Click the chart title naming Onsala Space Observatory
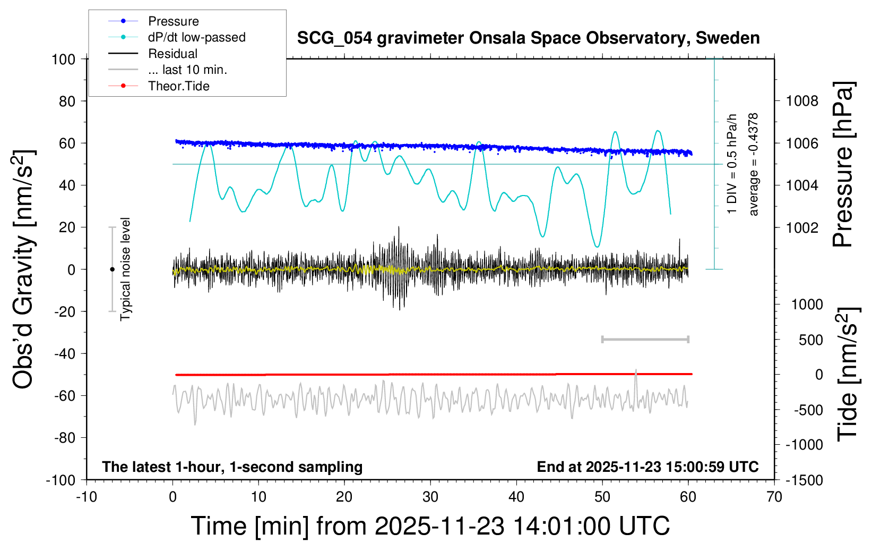pos(528,38)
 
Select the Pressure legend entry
pos(173,21)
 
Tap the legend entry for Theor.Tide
pos(178,86)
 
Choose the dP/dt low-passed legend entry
pos(196,37)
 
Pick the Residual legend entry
pos(172,54)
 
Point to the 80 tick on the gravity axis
pos(67,101)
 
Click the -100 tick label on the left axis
pos(61,480)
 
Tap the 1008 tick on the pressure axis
pos(802,101)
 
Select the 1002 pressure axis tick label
pos(802,227)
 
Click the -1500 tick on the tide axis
pos(805,480)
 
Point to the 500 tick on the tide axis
pos(810,340)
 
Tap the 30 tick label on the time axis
pos(430,497)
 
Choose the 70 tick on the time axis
pos(774,497)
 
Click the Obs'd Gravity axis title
pos(24,269)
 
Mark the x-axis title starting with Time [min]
pos(430,526)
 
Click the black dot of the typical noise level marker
pos(112,269)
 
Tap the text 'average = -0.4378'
pos(754,164)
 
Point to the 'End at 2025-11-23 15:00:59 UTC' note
pos(647,467)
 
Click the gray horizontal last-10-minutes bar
pos(645,339)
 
